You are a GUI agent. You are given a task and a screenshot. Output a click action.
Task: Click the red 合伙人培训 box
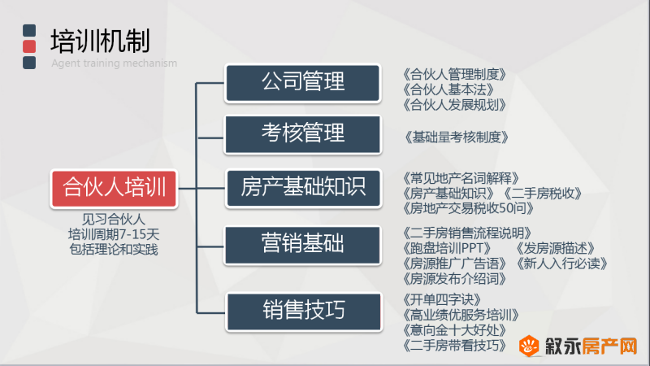click(x=114, y=189)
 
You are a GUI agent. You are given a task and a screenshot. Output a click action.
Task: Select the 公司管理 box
click(x=302, y=83)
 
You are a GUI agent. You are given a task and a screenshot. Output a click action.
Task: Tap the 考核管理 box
click(x=302, y=134)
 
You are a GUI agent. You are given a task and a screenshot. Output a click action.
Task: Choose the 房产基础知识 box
click(x=303, y=188)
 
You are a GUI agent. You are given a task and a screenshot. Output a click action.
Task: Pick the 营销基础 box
click(x=302, y=245)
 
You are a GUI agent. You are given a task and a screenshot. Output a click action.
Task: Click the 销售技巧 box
click(x=304, y=312)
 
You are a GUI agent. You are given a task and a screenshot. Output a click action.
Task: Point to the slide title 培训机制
click(x=100, y=41)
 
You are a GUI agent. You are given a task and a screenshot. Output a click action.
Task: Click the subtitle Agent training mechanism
click(x=114, y=63)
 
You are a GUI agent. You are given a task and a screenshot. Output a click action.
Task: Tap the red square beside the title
click(x=29, y=46)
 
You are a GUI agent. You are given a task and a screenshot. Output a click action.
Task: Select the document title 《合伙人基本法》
click(x=448, y=89)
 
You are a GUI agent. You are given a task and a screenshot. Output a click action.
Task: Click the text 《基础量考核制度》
click(x=456, y=137)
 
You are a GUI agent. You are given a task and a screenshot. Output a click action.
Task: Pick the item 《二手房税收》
click(x=542, y=193)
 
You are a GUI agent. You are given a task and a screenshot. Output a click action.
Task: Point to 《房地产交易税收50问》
click(x=468, y=208)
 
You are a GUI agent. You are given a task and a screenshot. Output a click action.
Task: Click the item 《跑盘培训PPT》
click(x=446, y=248)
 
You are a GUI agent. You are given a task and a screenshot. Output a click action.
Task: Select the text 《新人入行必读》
click(x=561, y=263)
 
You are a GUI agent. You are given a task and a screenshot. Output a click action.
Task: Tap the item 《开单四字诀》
click(x=441, y=299)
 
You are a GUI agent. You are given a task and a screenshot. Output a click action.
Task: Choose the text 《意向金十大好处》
click(x=454, y=330)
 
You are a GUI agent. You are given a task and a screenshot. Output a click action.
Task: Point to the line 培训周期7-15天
click(x=114, y=234)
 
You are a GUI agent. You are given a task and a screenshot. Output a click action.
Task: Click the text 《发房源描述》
click(x=555, y=248)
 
